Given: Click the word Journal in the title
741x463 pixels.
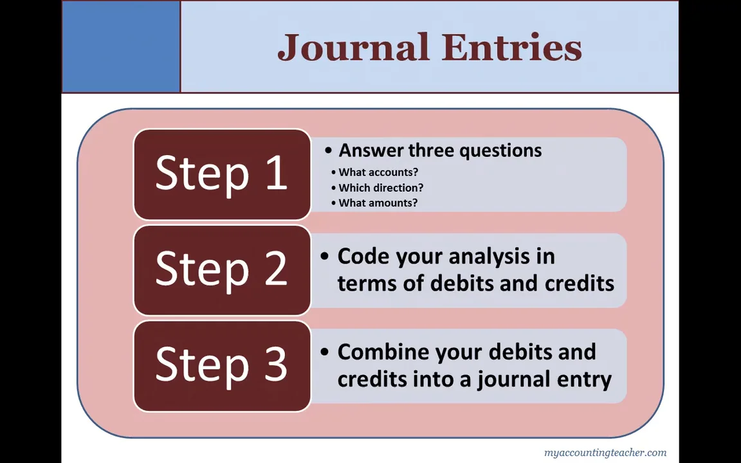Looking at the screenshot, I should [353, 48].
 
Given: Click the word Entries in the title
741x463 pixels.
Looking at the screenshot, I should [511, 48].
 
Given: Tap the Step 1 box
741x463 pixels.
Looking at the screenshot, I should [222, 174].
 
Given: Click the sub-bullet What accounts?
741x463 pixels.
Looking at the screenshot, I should [378, 172].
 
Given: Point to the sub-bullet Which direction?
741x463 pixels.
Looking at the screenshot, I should [381, 188].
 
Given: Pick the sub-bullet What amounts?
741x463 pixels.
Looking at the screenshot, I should [378, 203].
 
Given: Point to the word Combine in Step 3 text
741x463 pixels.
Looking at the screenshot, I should [383, 352].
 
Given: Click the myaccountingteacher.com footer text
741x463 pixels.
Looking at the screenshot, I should [605, 453].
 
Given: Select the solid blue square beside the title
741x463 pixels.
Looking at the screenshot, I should [121, 47].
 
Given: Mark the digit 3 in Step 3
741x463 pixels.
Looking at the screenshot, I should [275, 365].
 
